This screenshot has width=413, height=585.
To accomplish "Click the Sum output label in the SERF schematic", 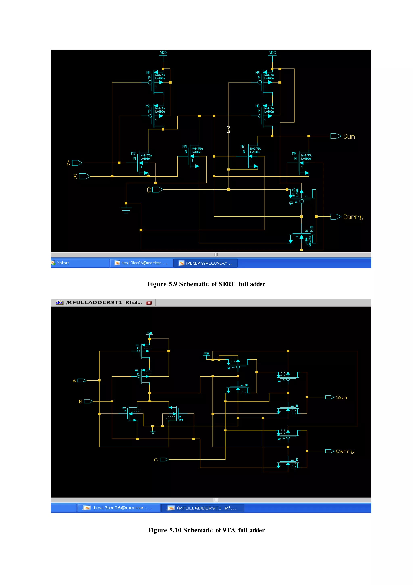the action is pos(349,136).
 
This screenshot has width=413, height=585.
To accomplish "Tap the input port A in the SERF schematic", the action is pos(77,163).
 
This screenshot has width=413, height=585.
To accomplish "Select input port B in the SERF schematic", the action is pos(84,176).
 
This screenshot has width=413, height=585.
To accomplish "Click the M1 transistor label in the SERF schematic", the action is pos(148,73).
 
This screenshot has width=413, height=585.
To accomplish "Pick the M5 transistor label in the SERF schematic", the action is pos(257,73).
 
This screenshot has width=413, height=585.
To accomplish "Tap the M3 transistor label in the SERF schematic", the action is pos(133,153).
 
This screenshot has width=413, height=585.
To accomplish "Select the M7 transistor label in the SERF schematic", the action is pos(242,146).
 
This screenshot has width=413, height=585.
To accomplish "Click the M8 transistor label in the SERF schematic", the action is pos(294,153).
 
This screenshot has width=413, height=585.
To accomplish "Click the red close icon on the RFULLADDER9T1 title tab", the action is pos(149,303).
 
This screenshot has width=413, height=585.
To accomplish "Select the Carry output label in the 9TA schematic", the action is pos(345,451).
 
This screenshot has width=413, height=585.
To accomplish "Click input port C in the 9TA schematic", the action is pos(164,460).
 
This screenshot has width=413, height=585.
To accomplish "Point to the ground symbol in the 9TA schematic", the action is pos(153,431).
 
